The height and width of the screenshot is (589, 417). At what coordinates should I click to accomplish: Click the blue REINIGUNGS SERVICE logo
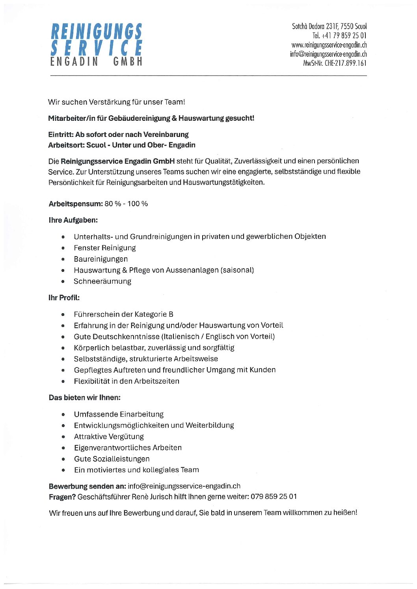pyautogui.click(x=96, y=40)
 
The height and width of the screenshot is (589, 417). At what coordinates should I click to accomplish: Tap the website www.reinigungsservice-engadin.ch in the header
pyautogui.click(x=329, y=45)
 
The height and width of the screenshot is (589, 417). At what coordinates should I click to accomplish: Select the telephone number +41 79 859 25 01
pyautogui.click(x=339, y=36)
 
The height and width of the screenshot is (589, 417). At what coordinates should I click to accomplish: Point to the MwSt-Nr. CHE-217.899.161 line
pyautogui.click(x=335, y=63)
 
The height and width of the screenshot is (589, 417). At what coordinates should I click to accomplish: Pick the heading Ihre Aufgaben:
pyautogui.click(x=73, y=220)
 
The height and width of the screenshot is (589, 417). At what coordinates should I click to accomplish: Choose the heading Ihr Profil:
pyautogui.click(x=64, y=297)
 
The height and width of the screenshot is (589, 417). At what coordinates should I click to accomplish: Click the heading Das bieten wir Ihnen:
pyautogui.click(x=84, y=397)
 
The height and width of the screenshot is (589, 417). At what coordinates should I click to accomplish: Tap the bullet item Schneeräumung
pyautogui.click(x=102, y=281)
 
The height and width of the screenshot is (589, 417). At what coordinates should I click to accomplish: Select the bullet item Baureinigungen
pyautogui.click(x=101, y=259)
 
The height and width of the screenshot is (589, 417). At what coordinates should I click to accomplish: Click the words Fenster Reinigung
pyautogui.click(x=105, y=248)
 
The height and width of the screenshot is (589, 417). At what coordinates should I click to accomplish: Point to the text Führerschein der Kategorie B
pyautogui.click(x=124, y=314)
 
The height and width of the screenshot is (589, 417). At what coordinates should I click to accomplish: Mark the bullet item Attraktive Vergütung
pyautogui.click(x=109, y=436)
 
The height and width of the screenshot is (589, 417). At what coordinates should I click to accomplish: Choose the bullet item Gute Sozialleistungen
pyautogui.click(x=112, y=459)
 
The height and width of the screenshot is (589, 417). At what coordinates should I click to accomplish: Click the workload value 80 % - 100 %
pyautogui.click(x=126, y=204)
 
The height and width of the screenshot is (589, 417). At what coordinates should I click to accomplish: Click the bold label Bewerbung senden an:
pyautogui.click(x=87, y=486)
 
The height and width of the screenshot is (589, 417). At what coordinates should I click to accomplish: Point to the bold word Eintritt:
pyautogui.click(x=61, y=134)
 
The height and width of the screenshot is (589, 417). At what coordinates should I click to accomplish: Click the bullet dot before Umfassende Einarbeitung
pyautogui.click(x=63, y=414)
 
